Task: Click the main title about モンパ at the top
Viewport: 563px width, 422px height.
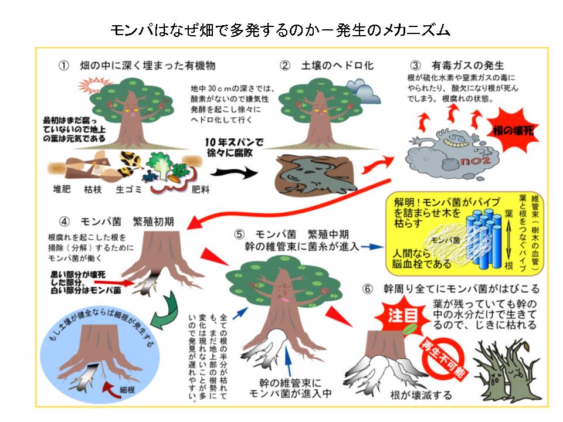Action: click(281, 29)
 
